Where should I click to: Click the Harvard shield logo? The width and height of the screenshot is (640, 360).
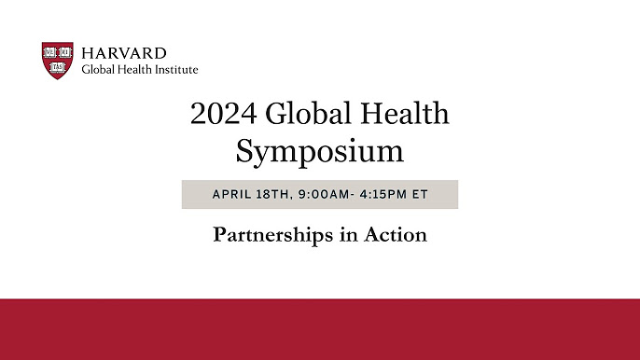(x=58, y=61)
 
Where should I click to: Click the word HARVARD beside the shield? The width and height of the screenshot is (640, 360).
(x=124, y=53)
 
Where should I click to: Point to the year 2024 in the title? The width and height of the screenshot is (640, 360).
(x=224, y=113)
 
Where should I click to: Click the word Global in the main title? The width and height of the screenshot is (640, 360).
(x=309, y=113)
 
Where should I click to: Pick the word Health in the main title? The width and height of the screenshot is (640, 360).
(x=405, y=113)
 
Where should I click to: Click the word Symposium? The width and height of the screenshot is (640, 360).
(x=320, y=152)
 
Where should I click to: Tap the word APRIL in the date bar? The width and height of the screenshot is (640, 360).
(x=231, y=194)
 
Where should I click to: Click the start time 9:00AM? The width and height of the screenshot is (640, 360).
(x=324, y=194)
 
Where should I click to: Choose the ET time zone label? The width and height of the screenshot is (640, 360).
(x=420, y=194)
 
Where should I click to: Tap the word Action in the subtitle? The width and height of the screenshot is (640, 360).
(x=396, y=235)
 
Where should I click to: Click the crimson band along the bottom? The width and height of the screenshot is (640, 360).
(x=320, y=329)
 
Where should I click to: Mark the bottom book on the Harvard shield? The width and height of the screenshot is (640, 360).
(x=58, y=67)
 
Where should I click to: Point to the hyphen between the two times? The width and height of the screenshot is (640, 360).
(x=353, y=195)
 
